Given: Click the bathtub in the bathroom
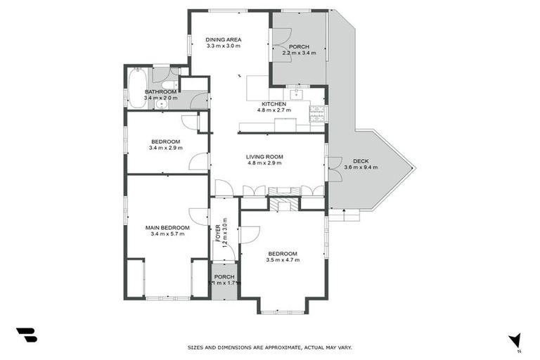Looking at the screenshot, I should [x=136, y=87].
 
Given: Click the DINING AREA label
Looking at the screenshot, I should [x=223, y=39].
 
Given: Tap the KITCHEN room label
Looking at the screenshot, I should [x=274, y=103].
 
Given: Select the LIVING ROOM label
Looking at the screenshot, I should [x=264, y=156].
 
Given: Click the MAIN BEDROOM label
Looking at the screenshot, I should [x=167, y=227].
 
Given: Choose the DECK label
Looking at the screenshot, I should [x=361, y=160].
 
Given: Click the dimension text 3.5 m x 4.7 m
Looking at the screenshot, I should [x=283, y=260].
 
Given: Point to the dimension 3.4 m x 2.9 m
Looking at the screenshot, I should [x=166, y=148].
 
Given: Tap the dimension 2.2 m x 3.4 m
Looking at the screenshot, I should [x=299, y=53].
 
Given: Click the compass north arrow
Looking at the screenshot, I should [x=515, y=340].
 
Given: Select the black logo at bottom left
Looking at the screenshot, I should [x=26, y=335].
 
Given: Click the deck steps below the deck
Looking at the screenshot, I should [x=343, y=215].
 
